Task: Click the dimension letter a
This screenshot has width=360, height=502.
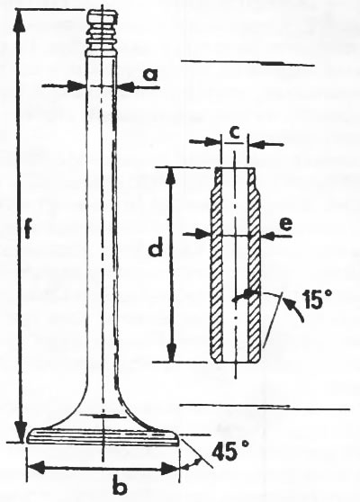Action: click(150, 75)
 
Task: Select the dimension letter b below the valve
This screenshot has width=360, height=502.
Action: click(120, 487)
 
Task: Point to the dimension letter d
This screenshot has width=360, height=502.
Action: click(156, 247)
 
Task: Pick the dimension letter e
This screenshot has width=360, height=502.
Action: click(285, 224)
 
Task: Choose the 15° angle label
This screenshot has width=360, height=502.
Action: click(314, 300)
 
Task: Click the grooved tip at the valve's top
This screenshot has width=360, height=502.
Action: click(103, 32)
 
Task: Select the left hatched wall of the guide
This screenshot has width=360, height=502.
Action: click(217, 265)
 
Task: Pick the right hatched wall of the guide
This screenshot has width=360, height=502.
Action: click(256, 265)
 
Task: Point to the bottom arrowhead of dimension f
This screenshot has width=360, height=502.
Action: click(21, 431)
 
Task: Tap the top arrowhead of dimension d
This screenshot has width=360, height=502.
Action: click(172, 176)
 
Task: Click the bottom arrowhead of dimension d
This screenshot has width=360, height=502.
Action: click(172, 352)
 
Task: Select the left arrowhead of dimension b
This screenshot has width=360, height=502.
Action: click(36, 468)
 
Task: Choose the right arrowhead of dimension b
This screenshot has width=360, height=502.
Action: click(169, 469)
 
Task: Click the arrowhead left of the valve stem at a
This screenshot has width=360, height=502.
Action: click(76, 85)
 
